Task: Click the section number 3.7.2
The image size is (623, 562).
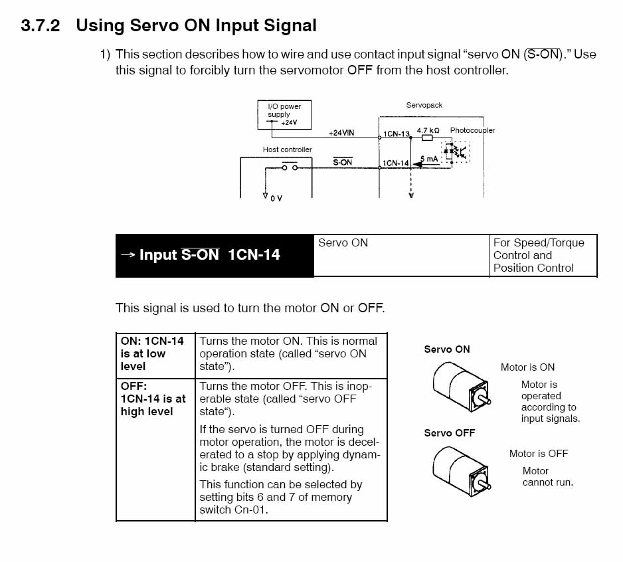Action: (x=41, y=25)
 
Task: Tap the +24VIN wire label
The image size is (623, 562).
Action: (x=341, y=133)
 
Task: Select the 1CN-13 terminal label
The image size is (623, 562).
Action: (x=396, y=134)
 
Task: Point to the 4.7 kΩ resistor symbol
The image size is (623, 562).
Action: (x=427, y=138)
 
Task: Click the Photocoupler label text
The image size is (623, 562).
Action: (x=472, y=130)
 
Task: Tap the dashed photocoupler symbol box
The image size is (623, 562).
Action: (x=456, y=151)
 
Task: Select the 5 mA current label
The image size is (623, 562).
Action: (x=429, y=159)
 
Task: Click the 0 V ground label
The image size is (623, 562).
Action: (x=276, y=199)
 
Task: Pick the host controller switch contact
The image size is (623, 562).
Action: (x=290, y=167)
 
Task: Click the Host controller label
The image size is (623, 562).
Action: (x=288, y=149)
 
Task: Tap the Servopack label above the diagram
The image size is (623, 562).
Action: (x=424, y=105)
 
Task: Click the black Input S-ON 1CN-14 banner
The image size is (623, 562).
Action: (x=215, y=255)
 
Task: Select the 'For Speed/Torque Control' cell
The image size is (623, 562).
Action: (x=543, y=255)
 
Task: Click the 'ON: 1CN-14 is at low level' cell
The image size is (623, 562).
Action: (x=155, y=355)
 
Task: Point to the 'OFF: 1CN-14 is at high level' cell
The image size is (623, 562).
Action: (x=155, y=450)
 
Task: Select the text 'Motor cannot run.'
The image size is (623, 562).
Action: (x=548, y=476)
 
